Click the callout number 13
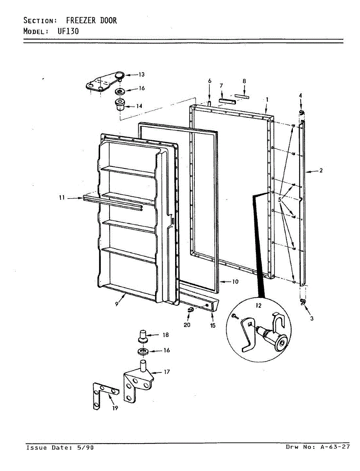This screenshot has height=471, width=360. pos(141,75)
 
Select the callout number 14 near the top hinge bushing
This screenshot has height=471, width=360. pos(139,106)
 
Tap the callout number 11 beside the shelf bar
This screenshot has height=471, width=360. pos(62,198)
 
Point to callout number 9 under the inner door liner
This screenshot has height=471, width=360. pos(117,304)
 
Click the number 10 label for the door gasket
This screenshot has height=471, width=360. pos(235,281)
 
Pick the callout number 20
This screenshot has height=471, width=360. pos(187,325)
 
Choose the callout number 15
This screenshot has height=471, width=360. pos(212,325)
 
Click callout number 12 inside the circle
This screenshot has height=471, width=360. pos(258,305)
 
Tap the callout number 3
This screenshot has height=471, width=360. pos(312,319)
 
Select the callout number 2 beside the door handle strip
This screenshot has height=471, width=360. pos(321,171)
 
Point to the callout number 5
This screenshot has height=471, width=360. pos(280,199)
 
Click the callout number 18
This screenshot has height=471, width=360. pos(166,335)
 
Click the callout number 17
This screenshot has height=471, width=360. pos(167,372)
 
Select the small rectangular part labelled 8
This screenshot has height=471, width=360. pos(242,95)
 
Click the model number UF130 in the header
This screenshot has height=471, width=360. pos(68,31)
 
